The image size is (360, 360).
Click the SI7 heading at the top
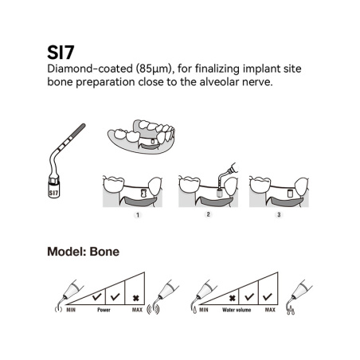tap(61, 53)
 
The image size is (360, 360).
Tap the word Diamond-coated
tap(90, 68)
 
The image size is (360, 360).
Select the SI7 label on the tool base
tap(53, 193)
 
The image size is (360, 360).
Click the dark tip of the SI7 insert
tap(79, 130)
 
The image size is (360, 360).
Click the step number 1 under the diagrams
tap(138, 215)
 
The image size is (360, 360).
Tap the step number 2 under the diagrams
tap(208, 214)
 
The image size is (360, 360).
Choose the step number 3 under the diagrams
tap(279, 214)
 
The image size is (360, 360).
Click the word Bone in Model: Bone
tap(104, 252)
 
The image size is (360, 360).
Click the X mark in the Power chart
tap(135, 298)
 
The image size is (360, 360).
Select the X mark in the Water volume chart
tap(232, 298)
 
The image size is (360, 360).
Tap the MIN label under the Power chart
tap(71, 310)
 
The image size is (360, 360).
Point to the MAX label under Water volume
tap(270, 310)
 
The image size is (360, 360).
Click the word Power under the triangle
tap(104, 310)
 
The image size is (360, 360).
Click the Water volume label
tap(237, 310)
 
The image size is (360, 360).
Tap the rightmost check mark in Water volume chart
tap(267, 296)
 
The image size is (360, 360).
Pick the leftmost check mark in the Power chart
tap(96, 296)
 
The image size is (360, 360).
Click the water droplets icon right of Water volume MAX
tap(291, 311)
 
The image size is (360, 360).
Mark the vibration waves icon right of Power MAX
tap(154, 309)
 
